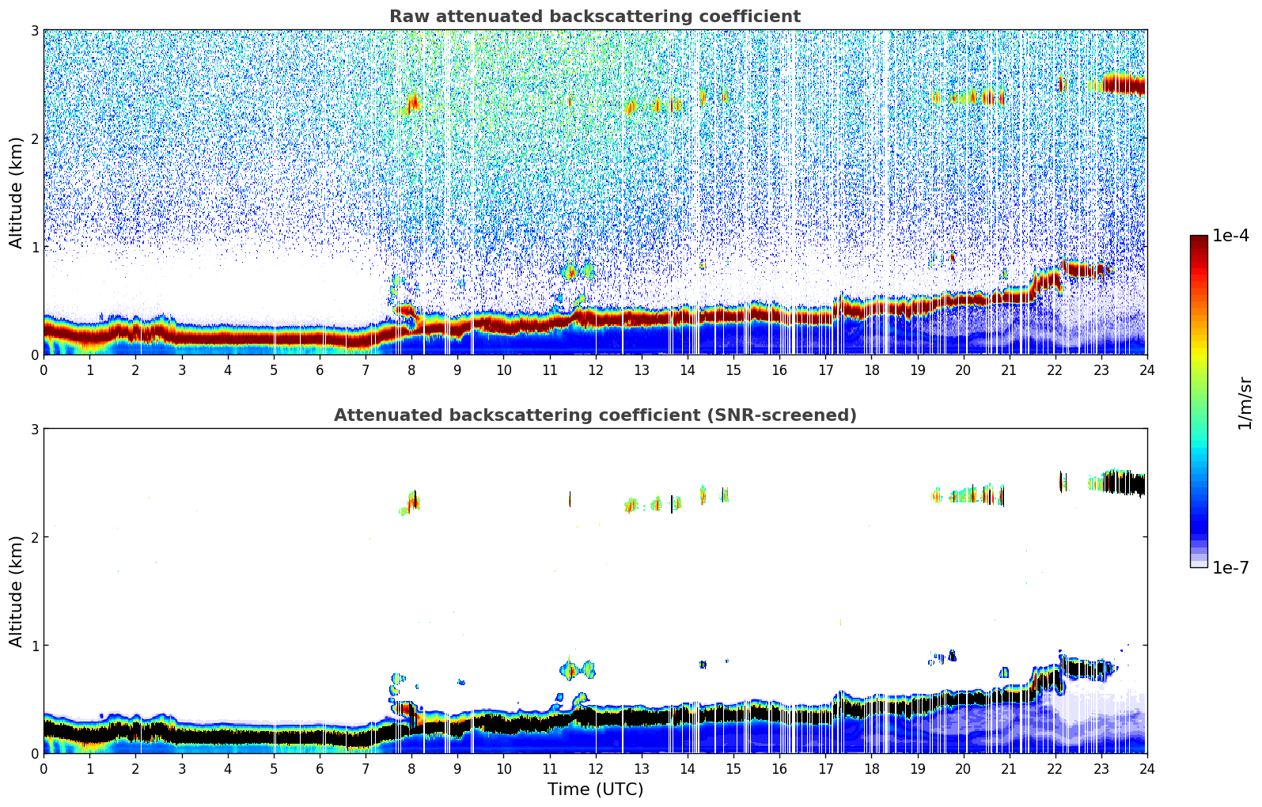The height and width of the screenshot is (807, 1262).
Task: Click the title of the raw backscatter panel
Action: coord(595,17)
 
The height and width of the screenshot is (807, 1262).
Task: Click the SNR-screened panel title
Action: coord(595,415)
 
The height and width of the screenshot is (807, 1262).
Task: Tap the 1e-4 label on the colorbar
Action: coord(1230,236)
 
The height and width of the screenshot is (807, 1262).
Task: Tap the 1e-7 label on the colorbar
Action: coord(1230,568)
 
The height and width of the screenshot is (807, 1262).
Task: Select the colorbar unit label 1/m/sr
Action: coord(1245,403)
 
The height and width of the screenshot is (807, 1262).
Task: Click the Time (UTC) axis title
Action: coord(595,790)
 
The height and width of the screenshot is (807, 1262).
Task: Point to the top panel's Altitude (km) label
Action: coord(17,192)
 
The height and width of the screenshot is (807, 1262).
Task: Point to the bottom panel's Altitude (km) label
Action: coord(17,591)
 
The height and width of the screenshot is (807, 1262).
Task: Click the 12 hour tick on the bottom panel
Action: coord(595,768)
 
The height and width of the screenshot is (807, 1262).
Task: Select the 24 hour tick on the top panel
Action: coord(1146,369)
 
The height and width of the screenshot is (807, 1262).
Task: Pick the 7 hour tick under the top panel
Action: coord(366,369)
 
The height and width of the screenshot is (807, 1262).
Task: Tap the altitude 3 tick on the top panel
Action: coord(35,30)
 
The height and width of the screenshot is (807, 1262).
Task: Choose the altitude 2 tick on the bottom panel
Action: coord(35,537)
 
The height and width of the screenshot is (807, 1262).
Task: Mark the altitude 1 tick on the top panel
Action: coord(35,247)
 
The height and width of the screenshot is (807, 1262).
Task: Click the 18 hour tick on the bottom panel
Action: coord(871,768)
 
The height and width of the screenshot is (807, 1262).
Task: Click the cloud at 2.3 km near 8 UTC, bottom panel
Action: coord(412,502)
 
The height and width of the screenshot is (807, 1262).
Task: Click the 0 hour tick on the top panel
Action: coord(44,369)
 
